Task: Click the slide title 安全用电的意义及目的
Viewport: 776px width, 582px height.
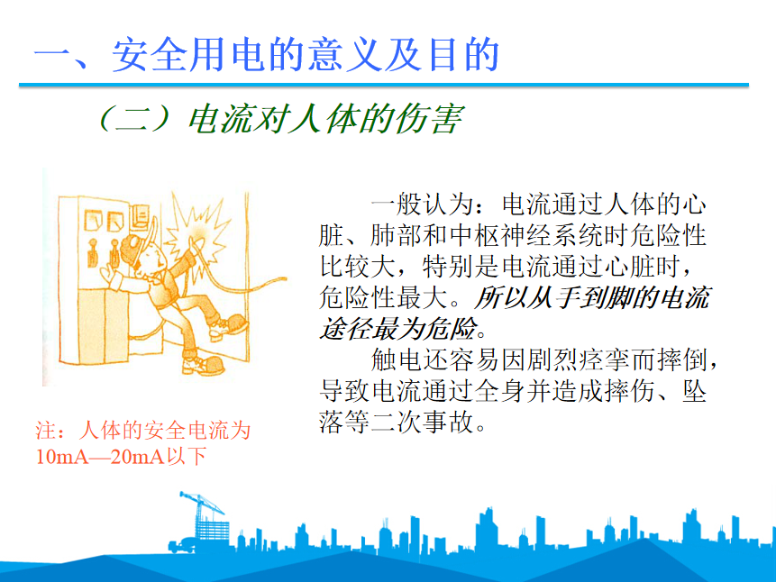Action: [306, 54]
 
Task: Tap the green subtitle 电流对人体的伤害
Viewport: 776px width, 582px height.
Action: [325, 119]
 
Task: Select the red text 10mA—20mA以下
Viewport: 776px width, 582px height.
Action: [121, 456]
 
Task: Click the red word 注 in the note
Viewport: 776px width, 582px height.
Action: [46, 431]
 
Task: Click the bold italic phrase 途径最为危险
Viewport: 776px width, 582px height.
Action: [398, 329]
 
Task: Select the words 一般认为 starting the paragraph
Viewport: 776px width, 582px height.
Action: [422, 204]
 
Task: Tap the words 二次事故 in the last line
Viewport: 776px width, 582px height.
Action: [422, 423]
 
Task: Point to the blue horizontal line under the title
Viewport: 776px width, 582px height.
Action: [384, 85]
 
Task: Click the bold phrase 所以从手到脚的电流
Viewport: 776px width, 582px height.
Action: [592, 297]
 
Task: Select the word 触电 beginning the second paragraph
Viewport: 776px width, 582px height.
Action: [397, 359]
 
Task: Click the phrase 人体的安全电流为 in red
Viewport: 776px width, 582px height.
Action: [164, 431]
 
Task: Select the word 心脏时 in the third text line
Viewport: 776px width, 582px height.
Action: [642, 267]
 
